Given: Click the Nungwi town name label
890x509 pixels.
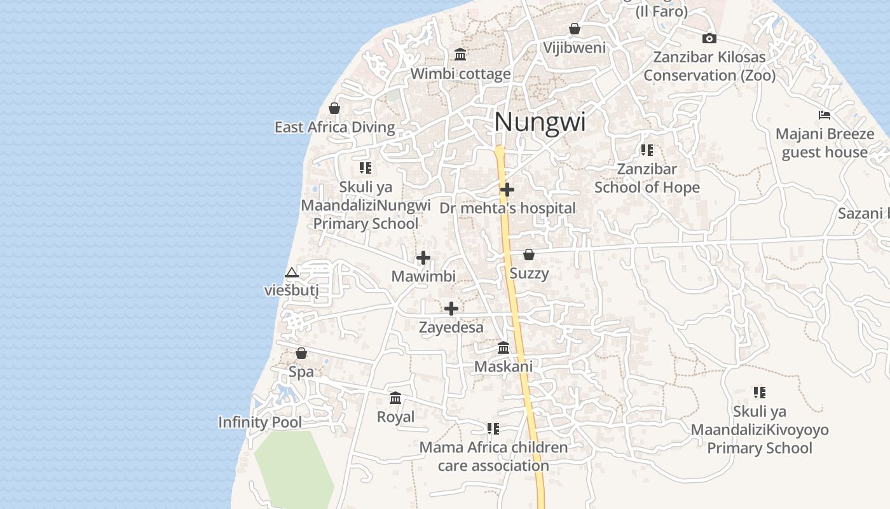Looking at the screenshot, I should [x=540, y=122].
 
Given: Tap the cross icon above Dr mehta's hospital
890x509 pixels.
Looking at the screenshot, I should [x=507, y=190].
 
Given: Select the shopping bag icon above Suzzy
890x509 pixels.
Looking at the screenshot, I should [x=528, y=255].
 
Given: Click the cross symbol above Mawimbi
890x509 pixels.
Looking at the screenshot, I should [x=423, y=258].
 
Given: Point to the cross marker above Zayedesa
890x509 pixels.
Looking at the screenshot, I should [x=451, y=309].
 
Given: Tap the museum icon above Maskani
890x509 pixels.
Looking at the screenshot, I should [x=503, y=348].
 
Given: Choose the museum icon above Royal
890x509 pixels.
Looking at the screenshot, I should [x=395, y=398].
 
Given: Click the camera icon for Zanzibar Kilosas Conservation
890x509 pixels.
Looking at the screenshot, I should [x=709, y=39].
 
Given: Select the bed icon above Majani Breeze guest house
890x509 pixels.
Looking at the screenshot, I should [x=825, y=115].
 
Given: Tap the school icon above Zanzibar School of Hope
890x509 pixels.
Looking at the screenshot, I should [x=647, y=150].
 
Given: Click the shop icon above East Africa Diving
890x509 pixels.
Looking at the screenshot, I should [x=334, y=109].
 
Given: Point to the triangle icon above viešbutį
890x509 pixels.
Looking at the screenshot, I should [x=291, y=273].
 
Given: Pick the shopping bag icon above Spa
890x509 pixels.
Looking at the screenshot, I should [x=301, y=353].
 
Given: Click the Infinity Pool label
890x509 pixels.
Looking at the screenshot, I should [x=260, y=422].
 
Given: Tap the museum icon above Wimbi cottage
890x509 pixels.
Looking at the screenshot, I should [x=460, y=55].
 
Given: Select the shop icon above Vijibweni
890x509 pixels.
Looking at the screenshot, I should [x=575, y=29].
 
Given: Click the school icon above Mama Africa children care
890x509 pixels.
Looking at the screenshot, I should [x=493, y=429].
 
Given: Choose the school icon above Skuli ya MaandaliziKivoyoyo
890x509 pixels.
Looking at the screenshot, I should [x=759, y=393].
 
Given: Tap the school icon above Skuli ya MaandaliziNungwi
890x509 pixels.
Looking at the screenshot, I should [x=365, y=168].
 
